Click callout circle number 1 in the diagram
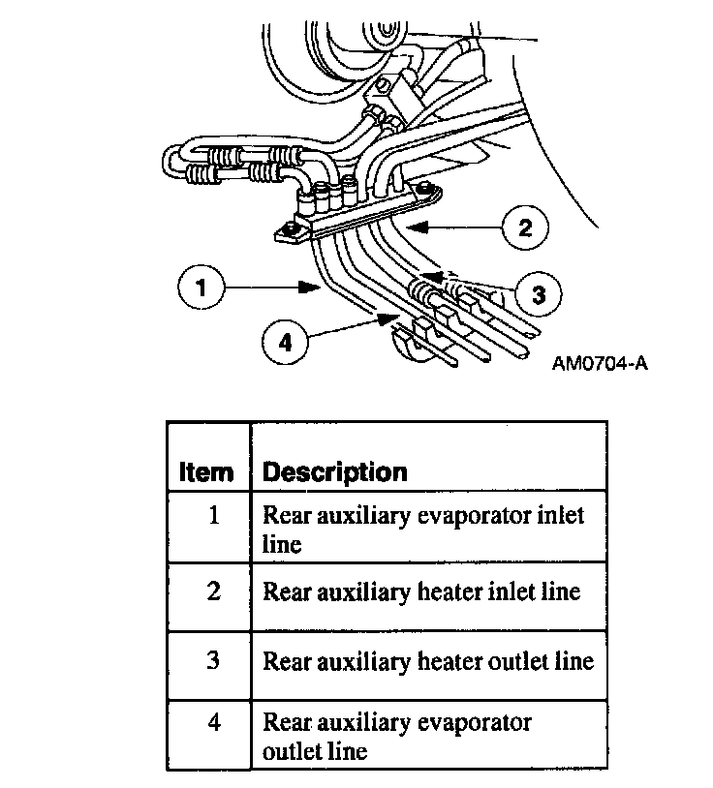201,288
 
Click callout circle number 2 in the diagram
524,227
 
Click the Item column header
206,472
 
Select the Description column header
335,472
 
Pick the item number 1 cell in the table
213,515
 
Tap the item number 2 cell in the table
213,591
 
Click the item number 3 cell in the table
213,661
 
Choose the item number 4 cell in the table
213,722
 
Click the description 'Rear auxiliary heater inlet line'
421,591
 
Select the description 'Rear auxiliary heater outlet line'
428,661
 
